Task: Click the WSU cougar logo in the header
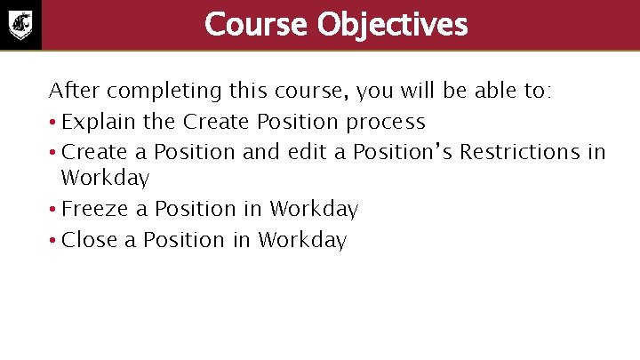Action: coord(20,24)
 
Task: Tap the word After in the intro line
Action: coord(70,92)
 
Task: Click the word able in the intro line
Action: coord(462,92)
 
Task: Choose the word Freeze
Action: coord(93,210)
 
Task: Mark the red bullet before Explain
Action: coord(53,123)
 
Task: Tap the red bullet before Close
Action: coord(53,241)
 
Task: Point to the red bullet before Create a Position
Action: coord(53,153)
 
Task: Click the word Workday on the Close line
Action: coord(302,241)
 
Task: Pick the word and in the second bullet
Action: coord(260,152)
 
